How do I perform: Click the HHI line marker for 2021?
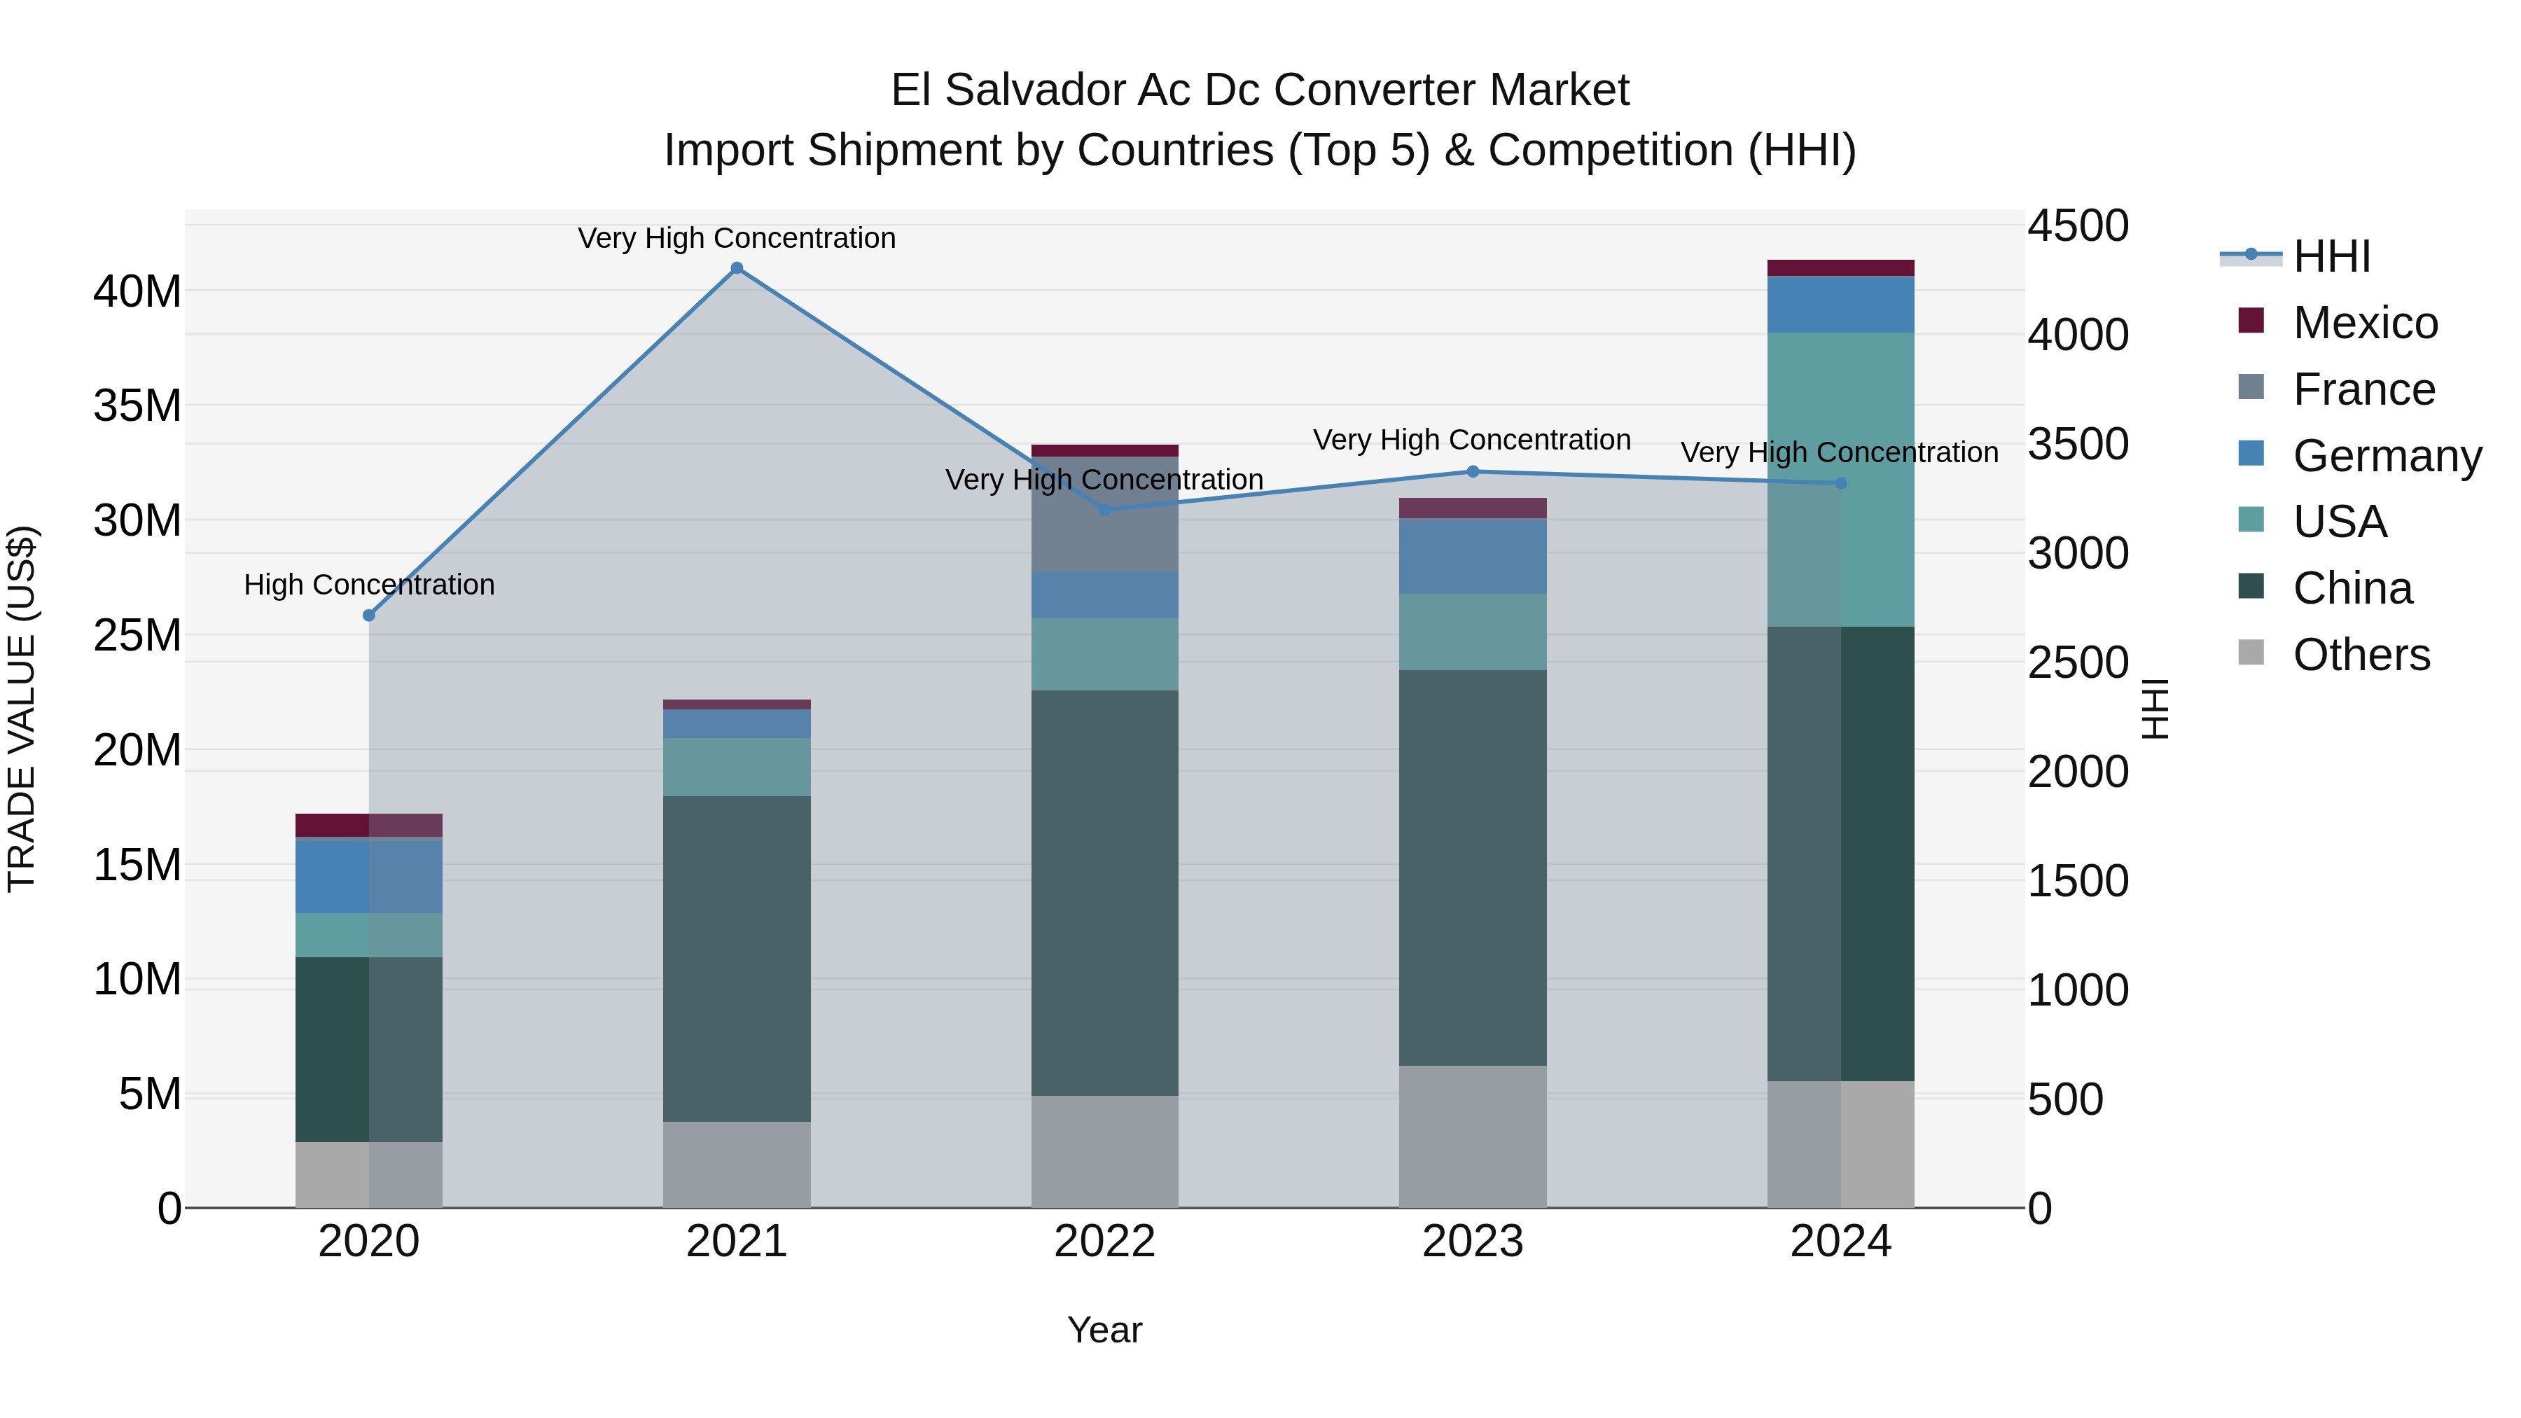coord(737,268)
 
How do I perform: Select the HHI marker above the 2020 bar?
coord(369,616)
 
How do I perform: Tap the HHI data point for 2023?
coord(1473,472)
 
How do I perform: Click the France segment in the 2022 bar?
coord(1105,515)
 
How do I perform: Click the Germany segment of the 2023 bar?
coord(1473,556)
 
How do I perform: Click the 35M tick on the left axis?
coord(137,405)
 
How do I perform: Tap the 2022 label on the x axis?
coord(1105,1242)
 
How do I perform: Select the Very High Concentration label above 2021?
coord(737,238)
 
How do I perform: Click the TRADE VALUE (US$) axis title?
coord(22,709)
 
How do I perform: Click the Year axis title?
coord(1105,1330)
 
